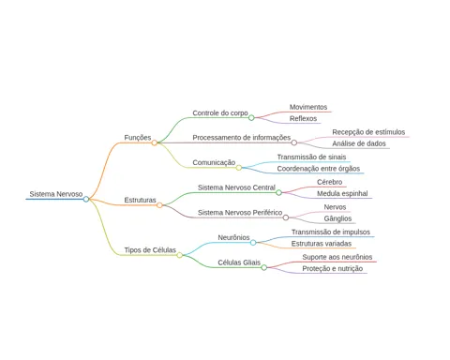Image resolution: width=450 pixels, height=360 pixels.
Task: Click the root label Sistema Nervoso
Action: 56,194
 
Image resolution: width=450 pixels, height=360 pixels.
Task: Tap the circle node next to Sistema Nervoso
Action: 86,199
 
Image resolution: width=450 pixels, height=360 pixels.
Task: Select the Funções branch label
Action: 138,138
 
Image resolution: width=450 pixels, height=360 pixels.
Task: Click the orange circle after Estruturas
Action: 159,205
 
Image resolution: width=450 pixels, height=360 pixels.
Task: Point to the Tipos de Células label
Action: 150,250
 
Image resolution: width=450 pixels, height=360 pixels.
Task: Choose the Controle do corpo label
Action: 220,112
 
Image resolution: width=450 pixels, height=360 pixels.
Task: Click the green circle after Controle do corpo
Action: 251,118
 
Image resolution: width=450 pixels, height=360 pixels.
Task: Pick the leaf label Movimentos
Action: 308,107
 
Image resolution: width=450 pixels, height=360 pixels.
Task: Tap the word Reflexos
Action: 303,118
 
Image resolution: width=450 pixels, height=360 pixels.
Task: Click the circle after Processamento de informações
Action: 294,142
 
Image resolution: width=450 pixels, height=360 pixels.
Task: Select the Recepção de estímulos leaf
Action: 368,132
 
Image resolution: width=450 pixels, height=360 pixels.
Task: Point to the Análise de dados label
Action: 359,143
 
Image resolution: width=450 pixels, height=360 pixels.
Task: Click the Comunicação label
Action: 214,162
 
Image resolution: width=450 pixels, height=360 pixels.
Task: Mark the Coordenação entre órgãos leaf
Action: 319,169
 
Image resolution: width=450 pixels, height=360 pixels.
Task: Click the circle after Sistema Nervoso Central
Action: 278,193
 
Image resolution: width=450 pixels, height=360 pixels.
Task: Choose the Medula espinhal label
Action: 342,193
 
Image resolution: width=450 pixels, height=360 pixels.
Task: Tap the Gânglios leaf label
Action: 337,218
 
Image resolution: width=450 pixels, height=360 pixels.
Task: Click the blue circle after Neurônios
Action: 253,243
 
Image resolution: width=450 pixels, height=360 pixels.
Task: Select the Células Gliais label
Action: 239,262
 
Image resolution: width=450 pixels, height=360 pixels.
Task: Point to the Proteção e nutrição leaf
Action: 333,268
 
